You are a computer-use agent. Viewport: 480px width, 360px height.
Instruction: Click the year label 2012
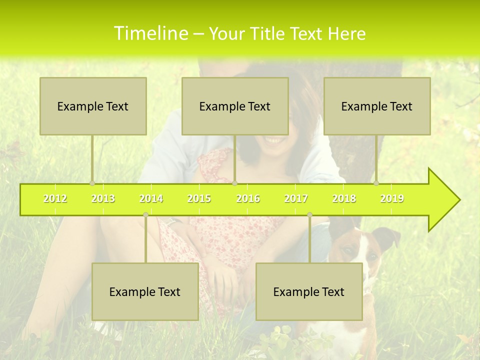pyautogui.click(x=55, y=198)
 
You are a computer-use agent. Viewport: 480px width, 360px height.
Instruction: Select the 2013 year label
pyautogui.click(x=103, y=198)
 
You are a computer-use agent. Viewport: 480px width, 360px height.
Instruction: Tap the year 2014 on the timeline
pyautogui.click(x=151, y=198)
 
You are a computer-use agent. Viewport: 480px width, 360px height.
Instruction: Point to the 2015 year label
pyautogui.click(x=199, y=198)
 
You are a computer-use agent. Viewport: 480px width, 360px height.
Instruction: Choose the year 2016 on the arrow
pyautogui.click(x=248, y=198)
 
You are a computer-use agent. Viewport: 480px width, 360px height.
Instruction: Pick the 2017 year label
pyautogui.click(x=296, y=198)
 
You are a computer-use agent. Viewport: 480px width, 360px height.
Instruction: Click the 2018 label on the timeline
pyautogui.click(x=344, y=198)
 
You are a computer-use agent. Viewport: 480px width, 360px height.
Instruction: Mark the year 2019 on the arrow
pyautogui.click(x=392, y=198)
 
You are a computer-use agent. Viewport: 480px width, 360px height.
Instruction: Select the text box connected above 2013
pyautogui.click(x=93, y=106)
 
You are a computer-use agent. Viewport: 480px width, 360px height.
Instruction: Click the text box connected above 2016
pyautogui.click(x=235, y=106)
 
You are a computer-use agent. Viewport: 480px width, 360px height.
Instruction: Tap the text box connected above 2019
pyautogui.click(x=377, y=106)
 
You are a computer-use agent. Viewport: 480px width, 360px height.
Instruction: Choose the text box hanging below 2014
pyautogui.click(x=145, y=291)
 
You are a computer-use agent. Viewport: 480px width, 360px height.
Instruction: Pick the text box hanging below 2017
pyautogui.click(x=309, y=291)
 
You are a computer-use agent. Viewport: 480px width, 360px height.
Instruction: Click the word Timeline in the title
pyautogui.click(x=150, y=33)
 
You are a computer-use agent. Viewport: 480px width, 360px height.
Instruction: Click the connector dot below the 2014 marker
pyautogui.click(x=145, y=215)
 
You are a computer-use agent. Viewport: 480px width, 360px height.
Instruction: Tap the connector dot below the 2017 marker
pyautogui.click(x=309, y=215)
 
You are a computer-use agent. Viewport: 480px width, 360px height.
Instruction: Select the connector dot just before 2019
pyautogui.click(x=376, y=183)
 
